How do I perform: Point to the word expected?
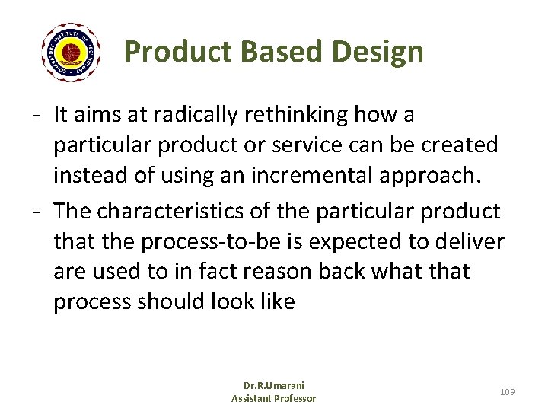pyautogui.click(x=352, y=241)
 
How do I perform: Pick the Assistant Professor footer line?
pyautogui.click(x=273, y=398)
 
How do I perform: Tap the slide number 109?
pyautogui.click(x=508, y=391)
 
